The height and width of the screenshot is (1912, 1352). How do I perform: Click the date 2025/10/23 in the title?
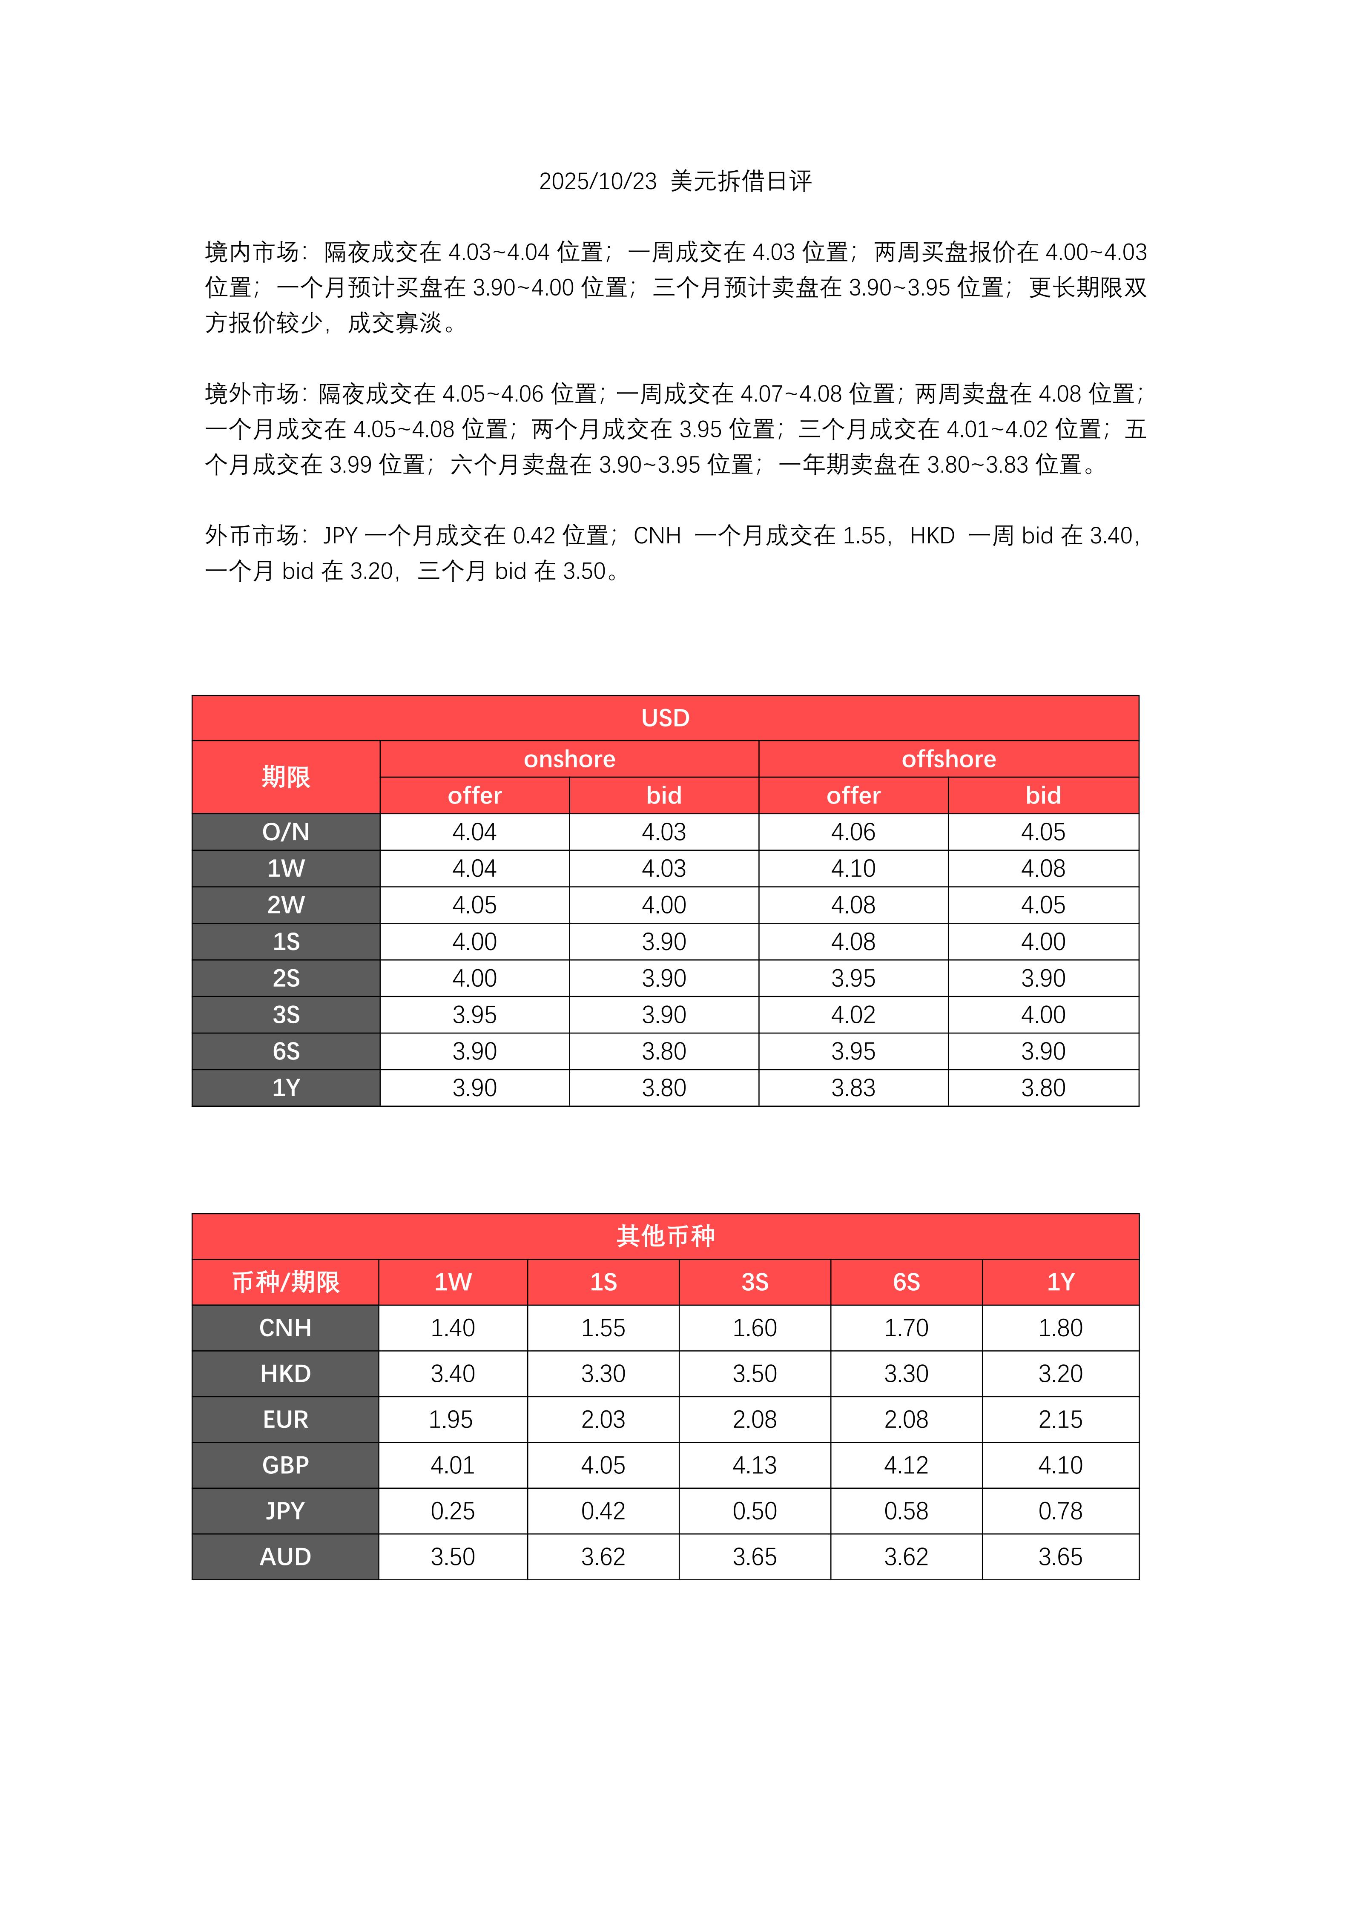pyautogui.click(x=598, y=181)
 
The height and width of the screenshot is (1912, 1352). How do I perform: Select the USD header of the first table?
pyautogui.click(x=665, y=718)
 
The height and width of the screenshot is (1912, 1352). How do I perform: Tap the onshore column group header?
pyautogui.click(x=569, y=759)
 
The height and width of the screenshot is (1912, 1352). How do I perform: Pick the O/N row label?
pyautogui.click(x=286, y=832)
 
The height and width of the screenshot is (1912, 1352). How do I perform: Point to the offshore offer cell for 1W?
pyautogui.click(x=853, y=869)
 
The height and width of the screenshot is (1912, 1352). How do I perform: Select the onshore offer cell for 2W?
pyautogui.click(x=474, y=905)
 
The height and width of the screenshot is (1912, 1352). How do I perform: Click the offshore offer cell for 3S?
pyautogui.click(x=853, y=1015)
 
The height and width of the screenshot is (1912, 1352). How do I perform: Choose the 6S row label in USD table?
pyautogui.click(x=286, y=1052)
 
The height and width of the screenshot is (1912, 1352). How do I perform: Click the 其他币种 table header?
pyautogui.click(x=665, y=1236)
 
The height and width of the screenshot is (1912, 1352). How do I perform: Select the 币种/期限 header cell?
pyautogui.click(x=286, y=1282)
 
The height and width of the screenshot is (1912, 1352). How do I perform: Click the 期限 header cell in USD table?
pyautogui.click(x=286, y=777)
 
